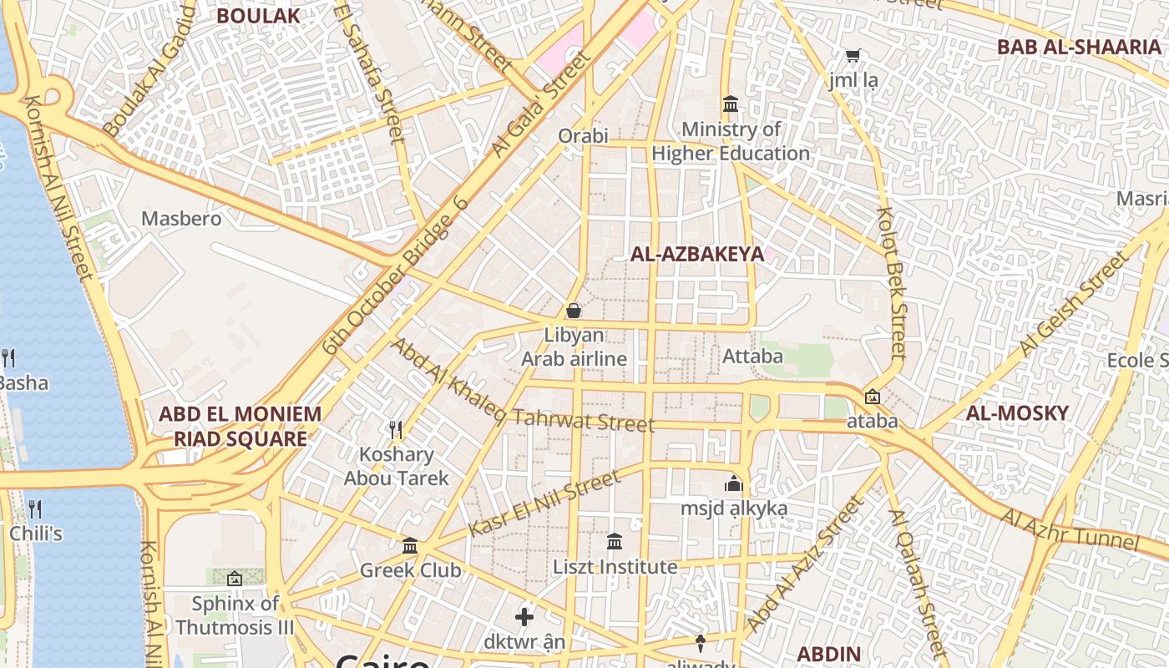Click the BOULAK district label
258,15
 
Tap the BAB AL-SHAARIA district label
1079,47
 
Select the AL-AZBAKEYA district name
697,255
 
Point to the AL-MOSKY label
1017,412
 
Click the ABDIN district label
828,654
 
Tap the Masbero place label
181,219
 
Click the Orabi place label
584,135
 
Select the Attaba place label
752,357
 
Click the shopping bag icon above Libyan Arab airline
574,311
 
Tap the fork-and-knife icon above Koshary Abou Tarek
396,430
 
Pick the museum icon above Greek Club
410,545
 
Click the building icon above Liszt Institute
615,542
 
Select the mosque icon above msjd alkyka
734,483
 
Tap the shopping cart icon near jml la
853,56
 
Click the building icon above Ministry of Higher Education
731,104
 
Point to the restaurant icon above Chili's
35,509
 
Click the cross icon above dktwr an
524,617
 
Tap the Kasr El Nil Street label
544,504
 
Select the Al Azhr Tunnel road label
1070,529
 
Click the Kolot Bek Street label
892,284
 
